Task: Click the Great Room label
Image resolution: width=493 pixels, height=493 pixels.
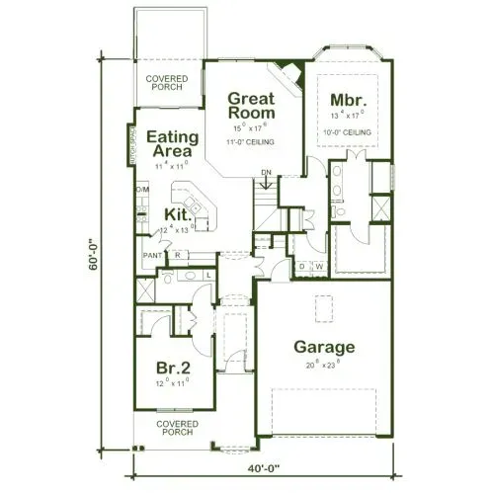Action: coord(251,106)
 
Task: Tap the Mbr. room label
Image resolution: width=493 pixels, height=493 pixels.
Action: coord(349,101)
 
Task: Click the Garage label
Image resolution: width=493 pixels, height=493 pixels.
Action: coord(324,348)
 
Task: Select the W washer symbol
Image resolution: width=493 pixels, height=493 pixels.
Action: coord(320,266)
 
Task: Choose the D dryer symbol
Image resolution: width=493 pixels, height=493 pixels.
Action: coord(302,266)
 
